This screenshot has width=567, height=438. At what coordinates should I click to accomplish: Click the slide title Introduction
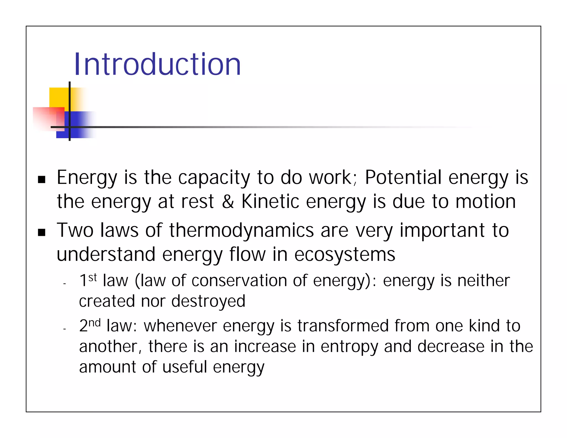pyautogui.click(x=157, y=64)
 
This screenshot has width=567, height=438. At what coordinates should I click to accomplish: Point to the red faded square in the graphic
pyautogui.click(x=46, y=118)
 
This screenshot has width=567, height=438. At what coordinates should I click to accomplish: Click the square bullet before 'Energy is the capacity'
pyautogui.click(x=42, y=179)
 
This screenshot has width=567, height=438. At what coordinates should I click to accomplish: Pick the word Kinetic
pyautogui.click(x=270, y=201)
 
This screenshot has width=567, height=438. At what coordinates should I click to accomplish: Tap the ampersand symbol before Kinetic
pyautogui.click(x=228, y=201)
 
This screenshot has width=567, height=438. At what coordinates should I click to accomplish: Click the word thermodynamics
pyautogui.click(x=241, y=230)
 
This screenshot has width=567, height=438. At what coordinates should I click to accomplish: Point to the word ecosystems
pyautogui.click(x=345, y=254)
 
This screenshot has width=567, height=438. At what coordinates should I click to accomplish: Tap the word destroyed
pyautogui.click(x=208, y=301)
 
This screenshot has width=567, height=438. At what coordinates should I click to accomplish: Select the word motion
pyautogui.click(x=486, y=201)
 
